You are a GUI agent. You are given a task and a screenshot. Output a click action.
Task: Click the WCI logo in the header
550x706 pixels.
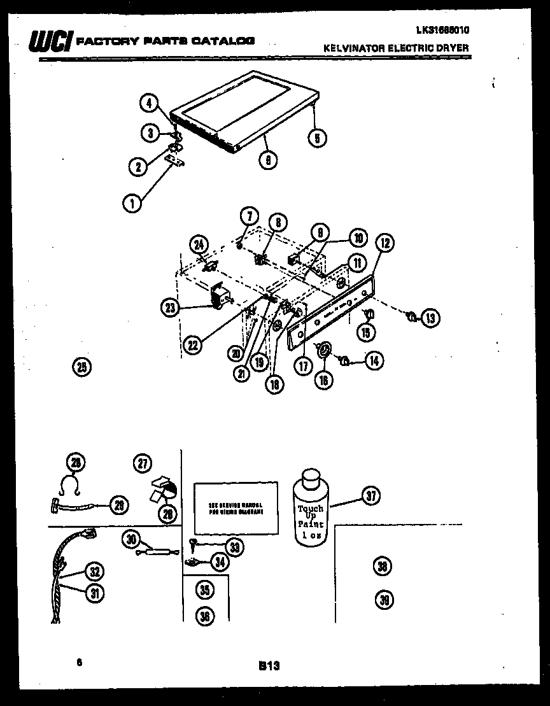point(50,41)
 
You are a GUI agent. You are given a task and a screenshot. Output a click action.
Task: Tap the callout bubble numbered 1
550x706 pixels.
point(131,204)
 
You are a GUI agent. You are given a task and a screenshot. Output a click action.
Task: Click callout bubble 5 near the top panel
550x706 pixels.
point(316,138)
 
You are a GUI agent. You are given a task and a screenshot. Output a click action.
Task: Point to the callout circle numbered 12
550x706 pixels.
point(385,242)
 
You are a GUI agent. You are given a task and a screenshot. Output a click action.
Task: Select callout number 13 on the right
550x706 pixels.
point(431,316)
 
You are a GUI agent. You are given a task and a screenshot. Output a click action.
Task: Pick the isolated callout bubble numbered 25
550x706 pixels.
point(82,366)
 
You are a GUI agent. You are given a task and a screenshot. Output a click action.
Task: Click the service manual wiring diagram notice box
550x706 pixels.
point(236,507)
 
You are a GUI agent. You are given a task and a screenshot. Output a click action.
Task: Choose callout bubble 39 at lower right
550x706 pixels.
point(384,600)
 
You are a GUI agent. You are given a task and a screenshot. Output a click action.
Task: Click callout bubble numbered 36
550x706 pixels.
point(204,616)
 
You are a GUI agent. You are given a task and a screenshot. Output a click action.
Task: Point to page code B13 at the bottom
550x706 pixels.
point(269,665)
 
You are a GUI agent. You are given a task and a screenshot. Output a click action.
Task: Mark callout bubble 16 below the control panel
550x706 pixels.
point(324,380)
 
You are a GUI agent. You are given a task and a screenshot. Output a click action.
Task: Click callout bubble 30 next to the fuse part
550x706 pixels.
point(131,540)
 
